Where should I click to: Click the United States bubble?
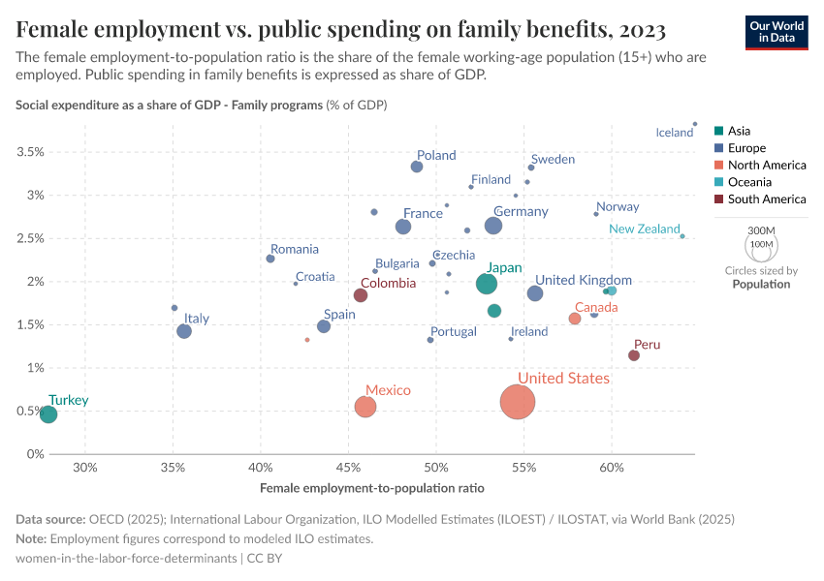click(x=518, y=402)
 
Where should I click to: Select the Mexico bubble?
click(x=365, y=407)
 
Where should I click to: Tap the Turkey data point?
click(x=48, y=414)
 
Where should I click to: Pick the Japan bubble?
click(x=487, y=284)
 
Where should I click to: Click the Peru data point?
click(x=634, y=355)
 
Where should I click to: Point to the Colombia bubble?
click(x=361, y=295)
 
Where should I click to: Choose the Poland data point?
click(x=417, y=167)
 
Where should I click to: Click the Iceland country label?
click(x=675, y=133)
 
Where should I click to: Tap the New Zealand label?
click(x=645, y=229)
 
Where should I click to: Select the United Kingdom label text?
click(x=584, y=281)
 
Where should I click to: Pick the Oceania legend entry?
click(x=749, y=182)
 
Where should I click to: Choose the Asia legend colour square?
click(x=718, y=131)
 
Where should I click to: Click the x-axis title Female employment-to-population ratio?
click(x=372, y=488)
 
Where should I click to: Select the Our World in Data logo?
click(x=777, y=31)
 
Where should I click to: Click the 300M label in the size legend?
click(x=763, y=229)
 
